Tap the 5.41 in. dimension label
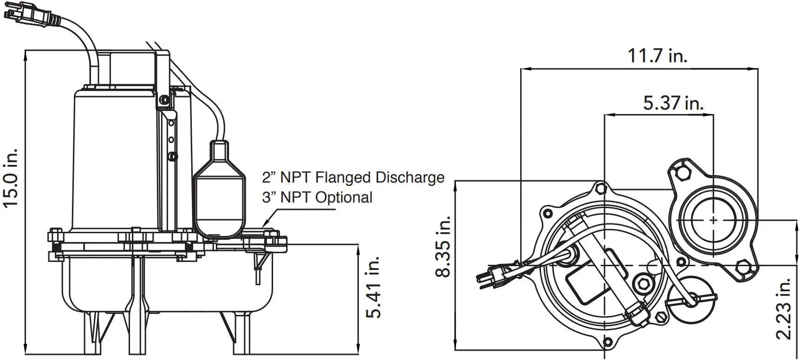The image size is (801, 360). tap(374, 287)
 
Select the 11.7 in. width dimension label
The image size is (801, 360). tap(657, 56)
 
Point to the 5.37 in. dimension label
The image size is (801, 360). tap(673, 103)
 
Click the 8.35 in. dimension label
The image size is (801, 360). tap(443, 247)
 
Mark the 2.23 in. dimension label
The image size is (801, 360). tap(783, 308)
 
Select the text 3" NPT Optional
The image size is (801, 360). tap(317, 197)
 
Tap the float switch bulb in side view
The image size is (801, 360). tap(219, 195)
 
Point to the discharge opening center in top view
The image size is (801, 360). tap(713, 219)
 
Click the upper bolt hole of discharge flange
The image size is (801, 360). tap(682, 173)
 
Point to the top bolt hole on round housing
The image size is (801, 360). tap(601, 189)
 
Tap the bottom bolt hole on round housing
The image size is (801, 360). tap(607, 343)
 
